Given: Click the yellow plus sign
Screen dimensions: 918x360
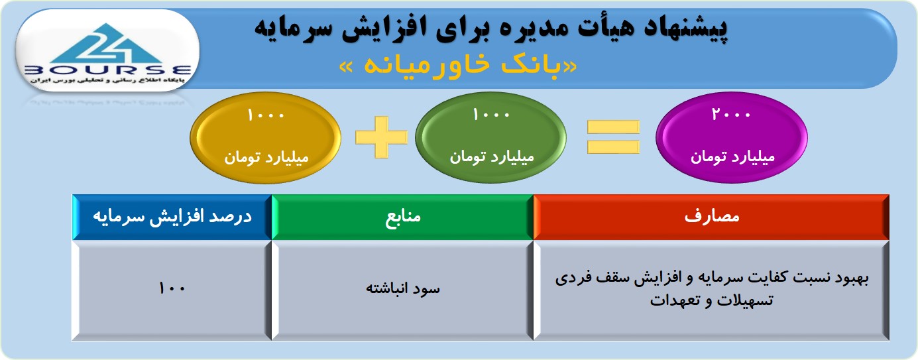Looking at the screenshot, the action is tap(381, 137).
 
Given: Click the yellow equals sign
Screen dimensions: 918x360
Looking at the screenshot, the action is tap(613, 137).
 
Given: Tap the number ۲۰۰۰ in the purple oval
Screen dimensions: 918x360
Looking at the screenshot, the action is tap(731, 114).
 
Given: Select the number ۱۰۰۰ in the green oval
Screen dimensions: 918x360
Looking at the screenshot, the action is tap(491, 114).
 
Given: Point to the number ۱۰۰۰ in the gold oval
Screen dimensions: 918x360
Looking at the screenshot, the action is tap(266, 115).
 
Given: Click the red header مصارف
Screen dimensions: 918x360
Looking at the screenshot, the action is tap(711, 217).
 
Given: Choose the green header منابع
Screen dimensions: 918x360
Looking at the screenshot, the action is tap(402, 217).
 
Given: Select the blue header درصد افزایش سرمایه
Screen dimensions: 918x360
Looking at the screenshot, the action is tap(172, 217).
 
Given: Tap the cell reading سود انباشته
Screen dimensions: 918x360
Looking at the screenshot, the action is tap(402, 290).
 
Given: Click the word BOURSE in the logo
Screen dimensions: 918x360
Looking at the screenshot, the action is tap(108, 70).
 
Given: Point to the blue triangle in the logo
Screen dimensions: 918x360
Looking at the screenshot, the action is tap(107, 43).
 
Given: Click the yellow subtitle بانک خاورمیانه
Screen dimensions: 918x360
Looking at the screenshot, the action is tap(458, 66).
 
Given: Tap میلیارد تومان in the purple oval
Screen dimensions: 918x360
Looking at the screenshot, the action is tap(732, 156).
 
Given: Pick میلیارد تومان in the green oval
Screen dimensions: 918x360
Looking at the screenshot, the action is tap(492, 156).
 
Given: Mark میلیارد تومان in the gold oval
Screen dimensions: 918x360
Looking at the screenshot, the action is tap(266, 157).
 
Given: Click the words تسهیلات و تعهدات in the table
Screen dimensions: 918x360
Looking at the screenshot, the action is tap(711, 300).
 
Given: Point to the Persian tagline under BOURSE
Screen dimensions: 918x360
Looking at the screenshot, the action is tap(107, 80).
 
